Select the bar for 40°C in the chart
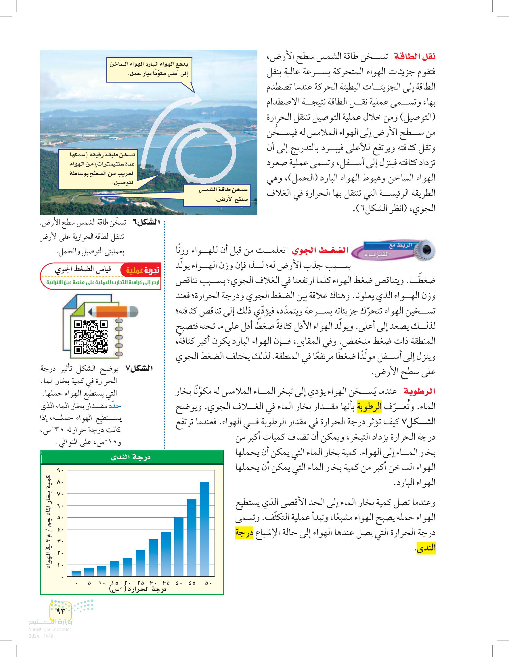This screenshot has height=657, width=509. pyautogui.click(x=179, y=547)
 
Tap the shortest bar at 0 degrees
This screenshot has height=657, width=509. pyautogui.click(x=76, y=574)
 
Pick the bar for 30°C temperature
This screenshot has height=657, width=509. pyautogui.click(x=153, y=557)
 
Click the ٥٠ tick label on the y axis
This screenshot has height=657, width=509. pyautogui.click(x=60, y=518)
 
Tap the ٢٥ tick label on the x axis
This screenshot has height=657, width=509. pyautogui.click(x=141, y=583)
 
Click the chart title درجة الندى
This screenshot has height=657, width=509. pyautogui.click(x=131, y=457)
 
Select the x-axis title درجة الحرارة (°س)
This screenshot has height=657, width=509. pyautogui.click(x=138, y=589)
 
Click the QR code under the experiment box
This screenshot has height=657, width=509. pyautogui.click(x=91, y=337)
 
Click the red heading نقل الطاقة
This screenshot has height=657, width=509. pyautogui.click(x=415, y=56)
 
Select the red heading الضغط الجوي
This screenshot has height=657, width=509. pyautogui.click(x=320, y=250)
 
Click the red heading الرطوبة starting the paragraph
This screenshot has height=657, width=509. pyautogui.click(x=420, y=391)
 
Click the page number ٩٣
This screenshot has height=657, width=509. pyautogui.click(x=60, y=610)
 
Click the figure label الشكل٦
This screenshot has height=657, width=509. pyautogui.click(x=146, y=222)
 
